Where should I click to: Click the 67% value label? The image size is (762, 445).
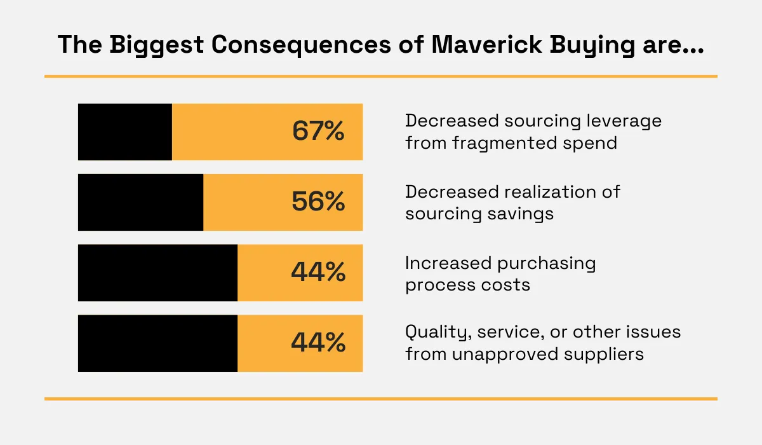coord(318,130)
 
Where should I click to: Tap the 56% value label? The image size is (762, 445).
coord(318,202)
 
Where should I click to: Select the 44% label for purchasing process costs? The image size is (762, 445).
coord(318,272)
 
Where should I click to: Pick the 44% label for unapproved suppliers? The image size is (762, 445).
coord(318,343)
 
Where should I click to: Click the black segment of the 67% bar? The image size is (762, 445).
coord(125,132)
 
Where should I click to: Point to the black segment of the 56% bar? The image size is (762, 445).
coord(140,202)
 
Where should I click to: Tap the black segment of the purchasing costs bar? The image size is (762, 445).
coord(157,273)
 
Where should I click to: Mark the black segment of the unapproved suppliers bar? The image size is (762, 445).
coord(157,343)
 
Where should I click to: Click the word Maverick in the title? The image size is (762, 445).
coord(486,44)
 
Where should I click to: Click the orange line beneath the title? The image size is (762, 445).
coord(381,77)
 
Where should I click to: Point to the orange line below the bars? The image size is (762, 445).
coord(381,399)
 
